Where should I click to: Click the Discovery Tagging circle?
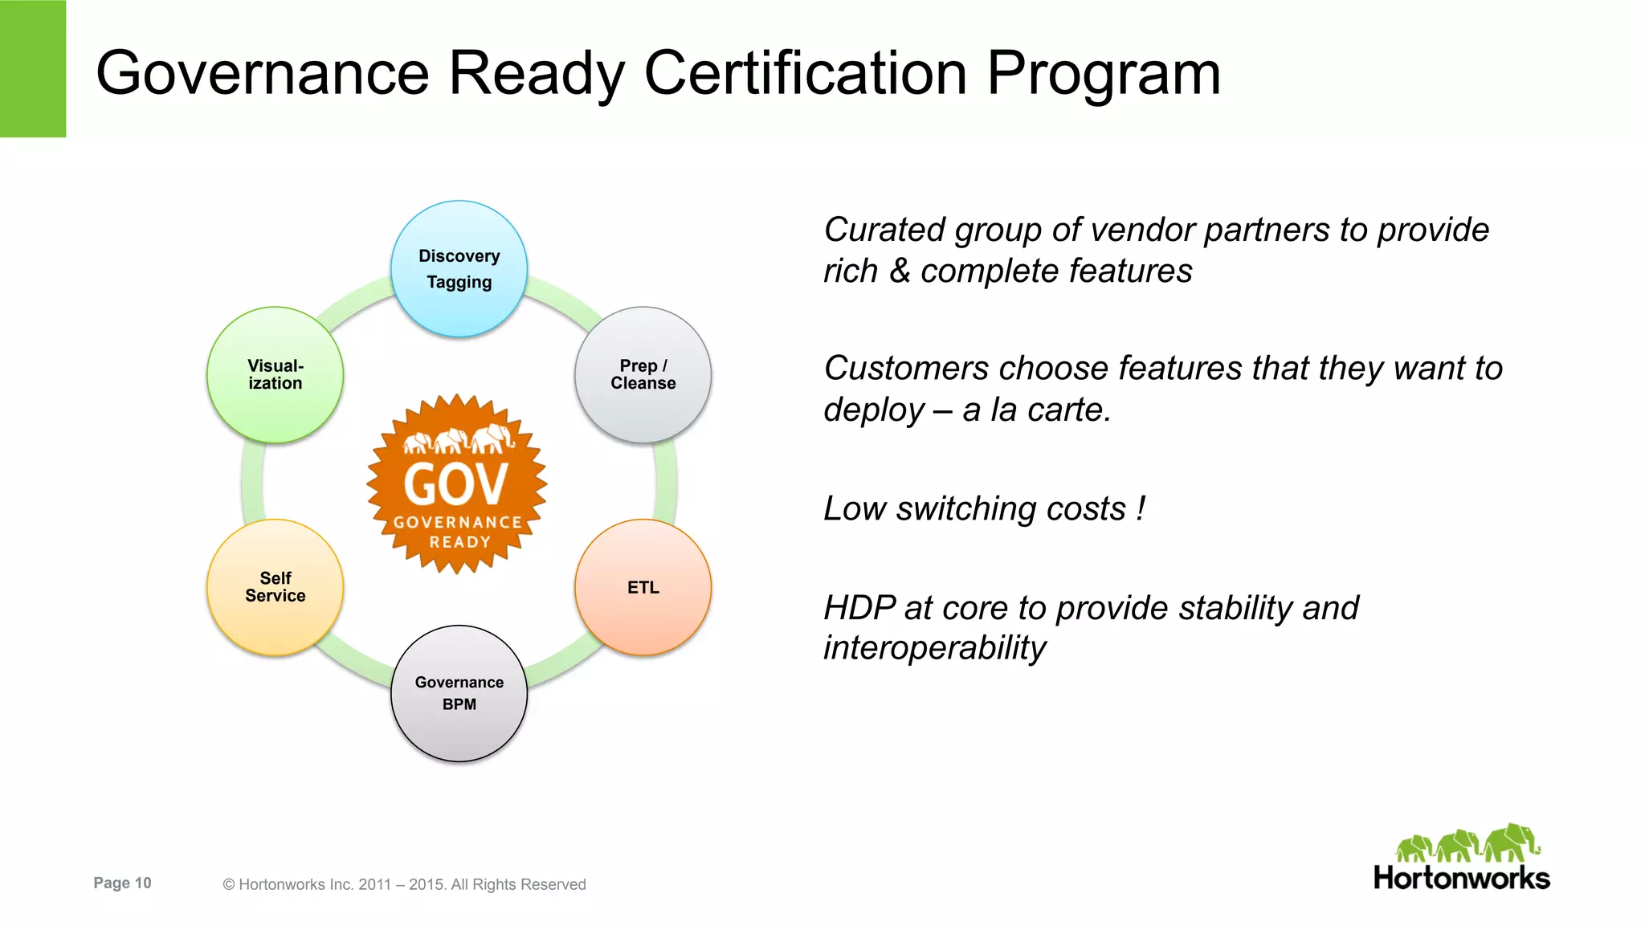click(459, 268)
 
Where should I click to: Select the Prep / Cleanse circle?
click(643, 374)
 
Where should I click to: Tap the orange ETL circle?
click(643, 587)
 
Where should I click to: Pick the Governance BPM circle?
click(459, 693)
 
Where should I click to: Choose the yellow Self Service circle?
click(275, 587)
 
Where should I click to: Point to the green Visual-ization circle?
click(275, 374)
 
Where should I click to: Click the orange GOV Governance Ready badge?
click(457, 483)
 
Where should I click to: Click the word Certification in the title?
click(805, 73)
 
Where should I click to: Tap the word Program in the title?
click(1104, 75)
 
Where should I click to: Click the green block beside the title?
click(33, 68)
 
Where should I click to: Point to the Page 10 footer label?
click(122, 883)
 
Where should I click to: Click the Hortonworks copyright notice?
click(404, 884)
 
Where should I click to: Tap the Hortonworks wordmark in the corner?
click(1461, 878)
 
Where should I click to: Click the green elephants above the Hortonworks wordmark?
click(1467, 843)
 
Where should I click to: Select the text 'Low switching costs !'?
click(984, 508)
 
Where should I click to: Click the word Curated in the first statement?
click(884, 230)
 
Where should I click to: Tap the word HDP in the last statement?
click(859, 608)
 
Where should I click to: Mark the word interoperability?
click(934, 647)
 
